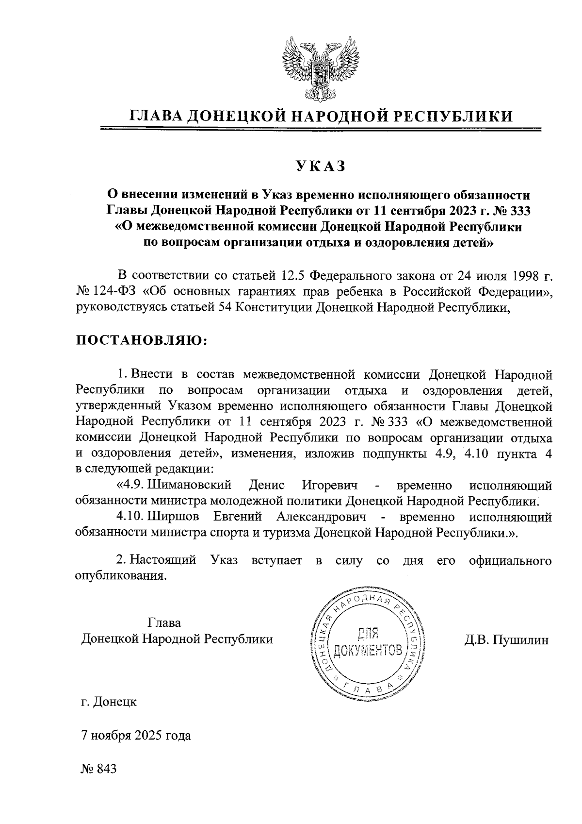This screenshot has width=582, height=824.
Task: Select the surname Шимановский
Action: pos(189,485)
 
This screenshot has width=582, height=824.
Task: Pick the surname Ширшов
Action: pos(179,516)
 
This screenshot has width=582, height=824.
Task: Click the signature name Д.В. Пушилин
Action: pos(506,639)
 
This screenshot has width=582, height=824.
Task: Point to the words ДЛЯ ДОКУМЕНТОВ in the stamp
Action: pos(368,641)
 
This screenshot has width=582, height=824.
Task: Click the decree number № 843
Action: pos(99,769)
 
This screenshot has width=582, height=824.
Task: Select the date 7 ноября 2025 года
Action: pos(136,736)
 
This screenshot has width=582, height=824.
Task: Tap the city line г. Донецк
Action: pos(109,702)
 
